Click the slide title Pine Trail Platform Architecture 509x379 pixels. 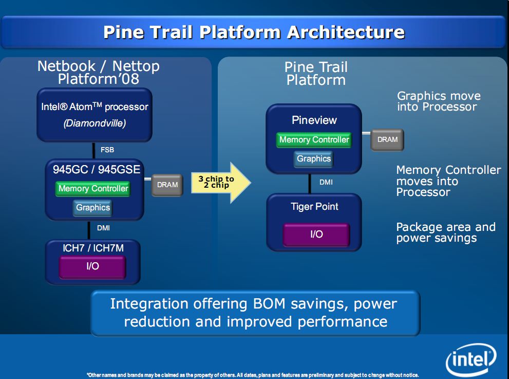tap(254, 32)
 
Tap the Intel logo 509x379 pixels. tap(471, 360)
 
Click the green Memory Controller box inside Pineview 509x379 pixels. tap(314, 140)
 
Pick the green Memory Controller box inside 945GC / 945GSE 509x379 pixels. tap(93, 189)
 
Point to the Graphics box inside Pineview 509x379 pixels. tap(314, 158)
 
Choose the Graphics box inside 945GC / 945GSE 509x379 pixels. tap(93, 208)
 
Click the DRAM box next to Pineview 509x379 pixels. tap(387, 139)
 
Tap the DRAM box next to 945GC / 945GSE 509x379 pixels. tap(167, 185)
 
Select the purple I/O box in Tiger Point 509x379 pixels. tap(316, 234)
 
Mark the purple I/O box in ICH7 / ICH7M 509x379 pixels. tap(92, 266)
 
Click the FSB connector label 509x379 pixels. tap(107, 150)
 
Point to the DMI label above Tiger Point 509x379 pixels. tap(326, 182)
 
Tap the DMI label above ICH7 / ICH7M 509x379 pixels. tap(103, 228)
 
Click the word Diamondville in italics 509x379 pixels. tap(95, 123)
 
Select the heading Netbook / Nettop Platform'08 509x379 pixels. tap(99, 73)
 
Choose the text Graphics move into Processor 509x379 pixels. tap(439, 101)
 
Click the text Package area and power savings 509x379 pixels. tap(446, 232)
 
